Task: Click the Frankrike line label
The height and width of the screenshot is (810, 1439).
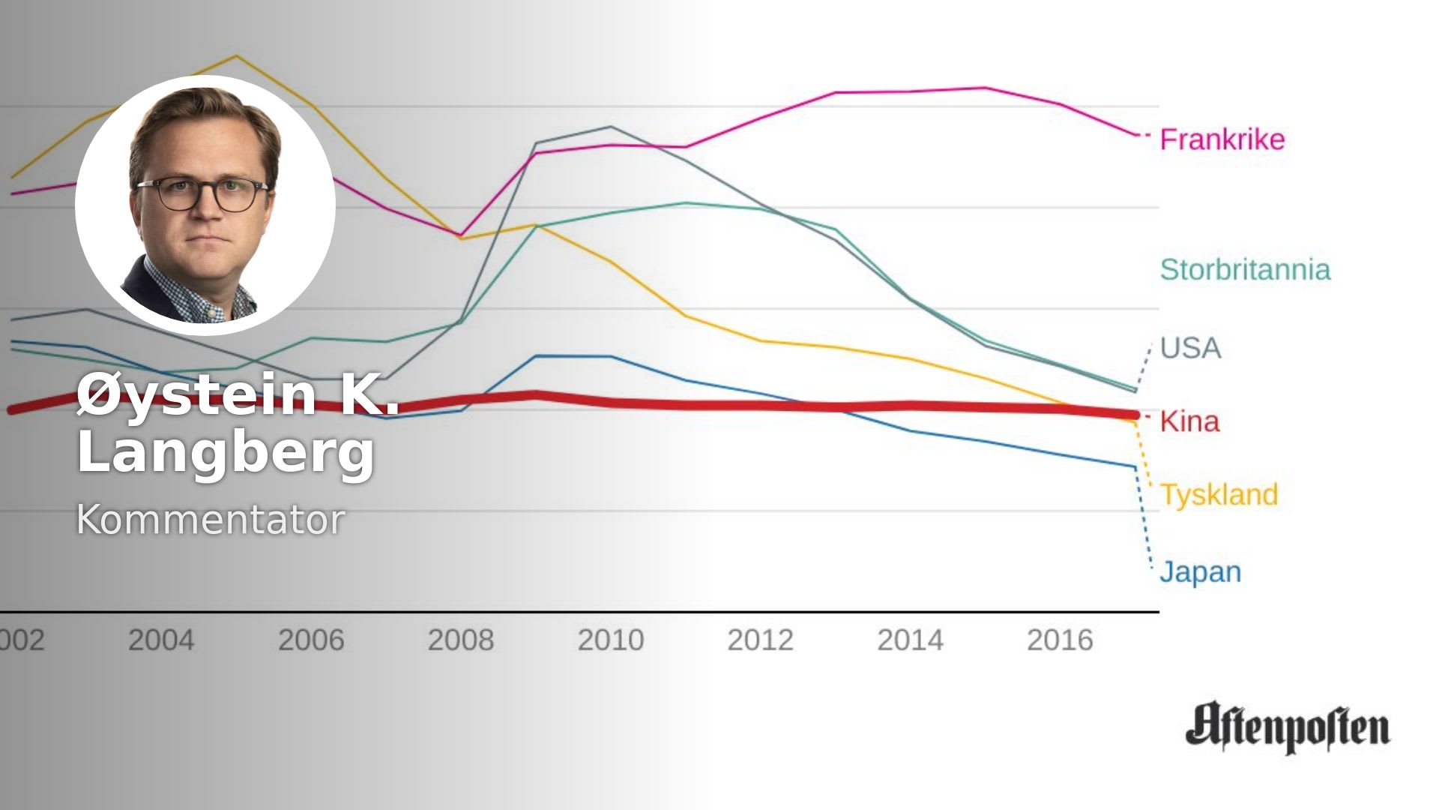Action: tap(1222, 139)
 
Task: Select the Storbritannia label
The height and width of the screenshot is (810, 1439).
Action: tap(1245, 270)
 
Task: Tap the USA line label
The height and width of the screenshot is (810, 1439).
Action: tap(1190, 348)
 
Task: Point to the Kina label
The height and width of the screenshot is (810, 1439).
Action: tap(1189, 421)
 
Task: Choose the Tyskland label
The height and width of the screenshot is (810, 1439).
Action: tap(1219, 495)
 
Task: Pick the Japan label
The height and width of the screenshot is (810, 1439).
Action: tap(1200, 572)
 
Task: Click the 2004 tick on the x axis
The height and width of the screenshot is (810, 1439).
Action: tap(161, 640)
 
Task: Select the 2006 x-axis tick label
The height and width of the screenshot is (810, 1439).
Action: tap(311, 640)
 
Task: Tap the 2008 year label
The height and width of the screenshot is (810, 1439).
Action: tap(461, 640)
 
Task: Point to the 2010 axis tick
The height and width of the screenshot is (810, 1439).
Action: tap(611, 640)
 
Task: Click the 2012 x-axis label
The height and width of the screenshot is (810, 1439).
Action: tap(760, 640)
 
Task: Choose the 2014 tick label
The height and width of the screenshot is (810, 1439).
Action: tap(910, 640)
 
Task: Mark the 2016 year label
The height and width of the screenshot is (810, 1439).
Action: tap(1060, 640)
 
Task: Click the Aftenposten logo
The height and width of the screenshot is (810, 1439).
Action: tap(1287, 727)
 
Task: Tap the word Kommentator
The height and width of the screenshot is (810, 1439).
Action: tap(211, 519)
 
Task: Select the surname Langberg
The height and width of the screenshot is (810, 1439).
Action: tap(226, 451)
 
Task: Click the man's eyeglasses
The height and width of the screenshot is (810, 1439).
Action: tap(202, 193)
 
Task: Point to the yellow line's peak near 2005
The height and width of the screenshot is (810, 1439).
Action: tap(236, 56)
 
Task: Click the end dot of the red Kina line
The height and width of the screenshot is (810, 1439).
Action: tap(1135, 415)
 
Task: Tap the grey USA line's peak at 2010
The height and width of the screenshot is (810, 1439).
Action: tap(611, 127)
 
